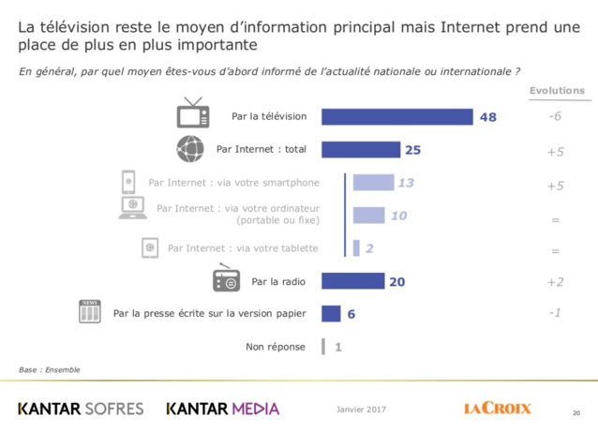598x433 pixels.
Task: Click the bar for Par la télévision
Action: pyautogui.click(x=396, y=117)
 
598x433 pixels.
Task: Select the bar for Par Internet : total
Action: pyautogui.click(x=361, y=149)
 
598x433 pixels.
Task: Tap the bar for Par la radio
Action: pyautogui.click(x=353, y=280)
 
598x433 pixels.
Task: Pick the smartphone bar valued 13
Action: pyautogui.click(x=373, y=183)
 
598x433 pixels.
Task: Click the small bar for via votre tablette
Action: pyautogui.click(x=356, y=248)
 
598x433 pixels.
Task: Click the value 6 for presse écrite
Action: pyautogui.click(x=351, y=314)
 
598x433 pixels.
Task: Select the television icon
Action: pyautogui.click(x=192, y=113)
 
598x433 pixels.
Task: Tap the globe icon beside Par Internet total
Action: pyautogui.click(x=190, y=149)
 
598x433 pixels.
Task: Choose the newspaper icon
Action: pyautogui.click(x=89, y=312)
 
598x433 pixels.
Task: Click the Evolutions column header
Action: pyautogui.click(x=557, y=91)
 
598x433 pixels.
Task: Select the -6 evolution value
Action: pyautogui.click(x=555, y=117)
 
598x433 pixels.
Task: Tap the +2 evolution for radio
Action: pyautogui.click(x=555, y=280)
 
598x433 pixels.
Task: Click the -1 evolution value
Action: pyautogui.click(x=555, y=313)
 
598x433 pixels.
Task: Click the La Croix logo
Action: pyautogui.click(x=497, y=408)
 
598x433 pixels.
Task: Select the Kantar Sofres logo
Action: pyautogui.click(x=80, y=409)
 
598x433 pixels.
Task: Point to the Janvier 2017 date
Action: pyautogui.click(x=360, y=409)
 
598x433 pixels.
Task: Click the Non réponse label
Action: pyautogui.click(x=276, y=347)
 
